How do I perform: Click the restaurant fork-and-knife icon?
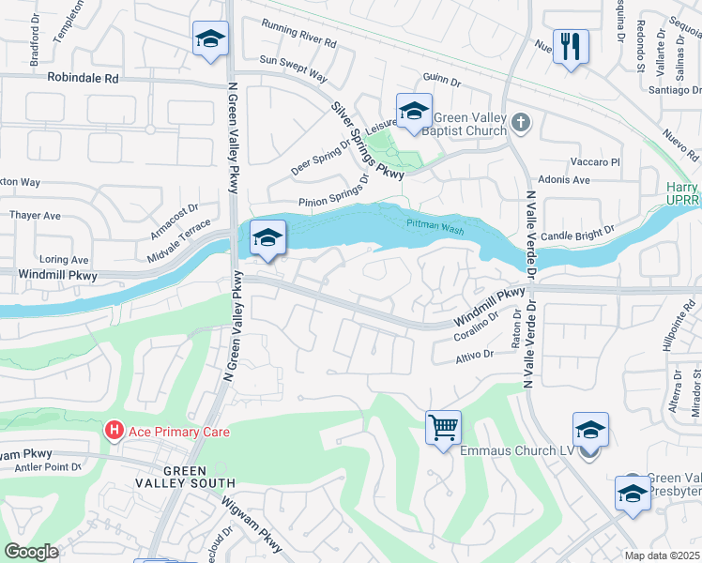click(x=571, y=46)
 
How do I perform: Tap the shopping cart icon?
click(x=443, y=428)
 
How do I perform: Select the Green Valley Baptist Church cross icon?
click(x=523, y=122)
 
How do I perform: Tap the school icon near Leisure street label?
click(x=413, y=111)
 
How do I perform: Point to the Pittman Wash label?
click(x=435, y=224)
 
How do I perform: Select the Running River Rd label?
click(x=298, y=35)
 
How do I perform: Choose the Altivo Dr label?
click(x=474, y=355)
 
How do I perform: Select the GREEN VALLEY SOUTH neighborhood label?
click(x=198, y=477)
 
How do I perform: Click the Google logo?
click(x=31, y=552)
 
